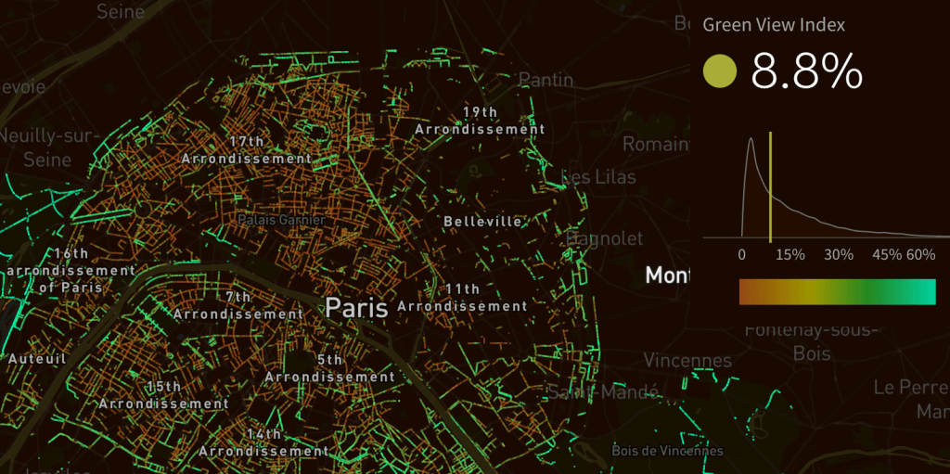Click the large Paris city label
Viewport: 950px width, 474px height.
click(x=356, y=307)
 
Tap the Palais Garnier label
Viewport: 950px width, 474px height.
click(x=281, y=220)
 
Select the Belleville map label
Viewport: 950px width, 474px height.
click(x=482, y=222)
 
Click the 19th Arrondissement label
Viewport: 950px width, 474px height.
click(x=480, y=122)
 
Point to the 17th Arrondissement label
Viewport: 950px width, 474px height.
click(x=247, y=150)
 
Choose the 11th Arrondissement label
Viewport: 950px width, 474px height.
click(x=462, y=298)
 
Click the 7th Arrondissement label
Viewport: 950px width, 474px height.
click(x=237, y=305)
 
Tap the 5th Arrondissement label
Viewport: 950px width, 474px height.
click(x=329, y=368)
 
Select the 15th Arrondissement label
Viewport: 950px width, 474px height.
click(x=163, y=395)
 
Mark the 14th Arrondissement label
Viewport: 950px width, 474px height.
click(x=263, y=442)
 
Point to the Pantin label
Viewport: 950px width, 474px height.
click(x=546, y=80)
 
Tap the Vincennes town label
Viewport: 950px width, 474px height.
click(x=687, y=360)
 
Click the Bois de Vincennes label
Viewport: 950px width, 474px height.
click(x=667, y=451)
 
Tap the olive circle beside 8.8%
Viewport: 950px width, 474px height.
click(x=720, y=70)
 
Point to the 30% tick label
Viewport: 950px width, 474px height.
click(x=838, y=255)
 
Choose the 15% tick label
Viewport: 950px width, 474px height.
click(x=790, y=255)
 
